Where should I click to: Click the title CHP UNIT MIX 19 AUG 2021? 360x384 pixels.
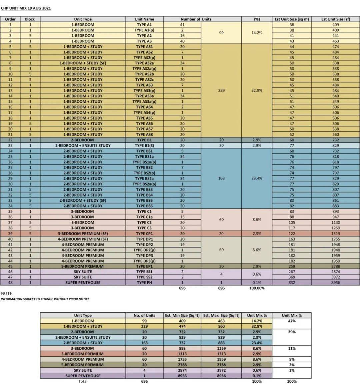pyautogui.click(x=26, y=8)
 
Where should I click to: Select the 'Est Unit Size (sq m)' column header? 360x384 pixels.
pyautogui.click(x=292, y=19)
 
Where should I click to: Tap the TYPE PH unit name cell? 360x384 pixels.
pyautogui.click(x=144, y=283)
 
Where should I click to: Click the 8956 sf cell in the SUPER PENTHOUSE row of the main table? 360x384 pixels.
pyautogui.click(x=335, y=283)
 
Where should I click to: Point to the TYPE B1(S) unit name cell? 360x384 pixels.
pyautogui.click(x=144, y=145)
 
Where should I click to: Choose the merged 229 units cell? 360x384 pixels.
pyautogui.click(x=221, y=90)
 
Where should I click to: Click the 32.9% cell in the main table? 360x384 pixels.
pyautogui.click(x=257, y=90)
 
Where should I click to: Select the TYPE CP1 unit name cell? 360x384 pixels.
pyautogui.click(x=144, y=234)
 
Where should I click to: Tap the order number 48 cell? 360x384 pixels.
pyautogui.click(x=10, y=283)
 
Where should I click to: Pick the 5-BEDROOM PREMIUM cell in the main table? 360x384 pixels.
pyautogui.click(x=83, y=266)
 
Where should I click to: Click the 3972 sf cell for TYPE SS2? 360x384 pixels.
pyautogui.click(x=335, y=277)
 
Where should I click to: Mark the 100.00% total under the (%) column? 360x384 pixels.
pyautogui.click(x=257, y=288)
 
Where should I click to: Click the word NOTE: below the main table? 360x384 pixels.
pyautogui.click(x=7, y=294)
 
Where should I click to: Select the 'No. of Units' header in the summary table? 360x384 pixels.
pyautogui.click(x=144, y=315)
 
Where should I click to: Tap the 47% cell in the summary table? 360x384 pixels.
pyautogui.click(x=292, y=321)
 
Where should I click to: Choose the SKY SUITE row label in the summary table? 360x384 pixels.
pyautogui.click(x=83, y=370)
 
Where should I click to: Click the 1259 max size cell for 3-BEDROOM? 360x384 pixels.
pyautogui.click(x=221, y=348)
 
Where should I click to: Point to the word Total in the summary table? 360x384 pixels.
pyautogui.click(x=83, y=381)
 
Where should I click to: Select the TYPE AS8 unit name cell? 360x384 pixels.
pyautogui.click(x=144, y=134)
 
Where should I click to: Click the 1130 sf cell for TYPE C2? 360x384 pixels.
pyautogui.click(x=335, y=223)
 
